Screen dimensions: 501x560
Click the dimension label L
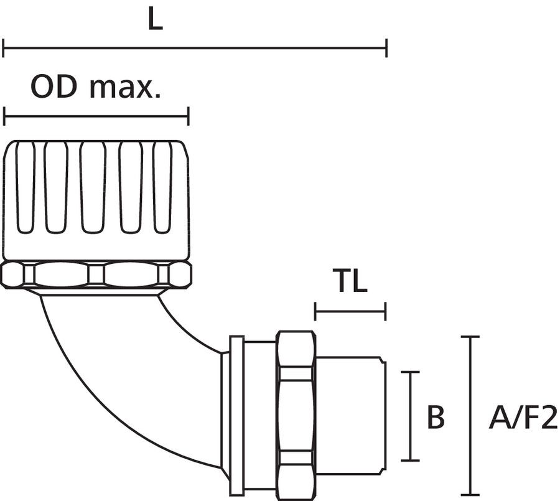155,21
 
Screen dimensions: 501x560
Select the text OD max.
96,88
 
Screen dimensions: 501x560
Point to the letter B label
436,418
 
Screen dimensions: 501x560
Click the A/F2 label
523,418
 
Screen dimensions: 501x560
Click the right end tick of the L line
386,47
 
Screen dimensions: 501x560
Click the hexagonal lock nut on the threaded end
296,414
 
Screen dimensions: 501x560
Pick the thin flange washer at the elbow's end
236,414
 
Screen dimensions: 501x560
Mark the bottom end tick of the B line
409,461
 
